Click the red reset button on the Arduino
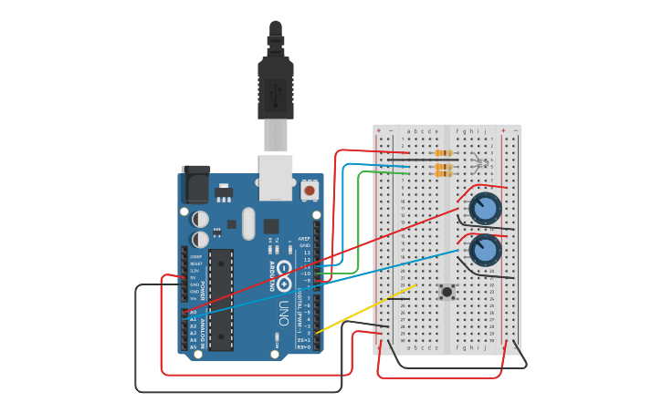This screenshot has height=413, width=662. click(x=310, y=191)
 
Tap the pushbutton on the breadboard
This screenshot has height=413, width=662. click(x=447, y=292)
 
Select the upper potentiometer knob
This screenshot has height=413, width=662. click(x=485, y=209)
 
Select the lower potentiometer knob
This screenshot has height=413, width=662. click(x=485, y=250)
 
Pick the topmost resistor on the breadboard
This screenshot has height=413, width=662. click(x=445, y=152)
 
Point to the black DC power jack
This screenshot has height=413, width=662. click(x=195, y=185)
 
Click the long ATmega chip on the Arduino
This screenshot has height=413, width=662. click(x=221, y=299)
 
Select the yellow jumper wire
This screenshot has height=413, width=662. click(x=365, y=310)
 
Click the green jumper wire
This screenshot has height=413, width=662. click(x=359, y=219)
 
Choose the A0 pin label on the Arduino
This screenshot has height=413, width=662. click(x=193, y=312)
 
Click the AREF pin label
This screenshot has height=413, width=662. click(x=305, y=239)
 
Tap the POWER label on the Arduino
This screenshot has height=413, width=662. click(x=203, y=276)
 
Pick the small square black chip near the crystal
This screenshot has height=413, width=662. click(x=271, y=225)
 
